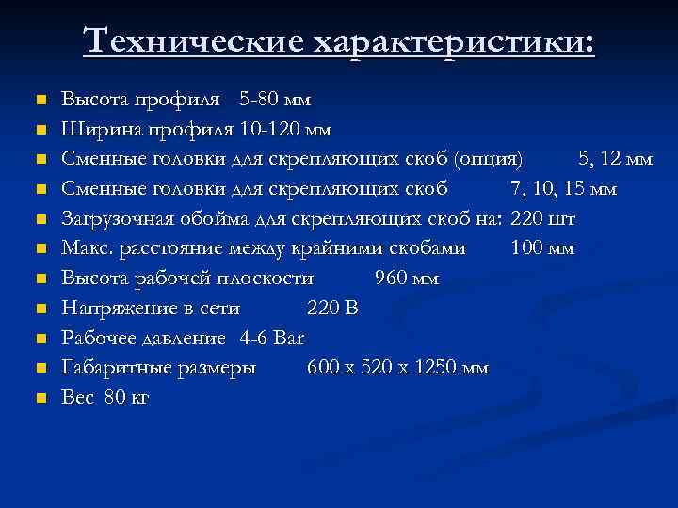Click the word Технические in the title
pos(192,41)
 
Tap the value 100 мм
pos(542,248)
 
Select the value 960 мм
pos(407,278)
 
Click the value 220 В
pos(332,308)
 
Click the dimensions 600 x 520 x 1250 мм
pos(397,368)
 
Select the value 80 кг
pos(127,398)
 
